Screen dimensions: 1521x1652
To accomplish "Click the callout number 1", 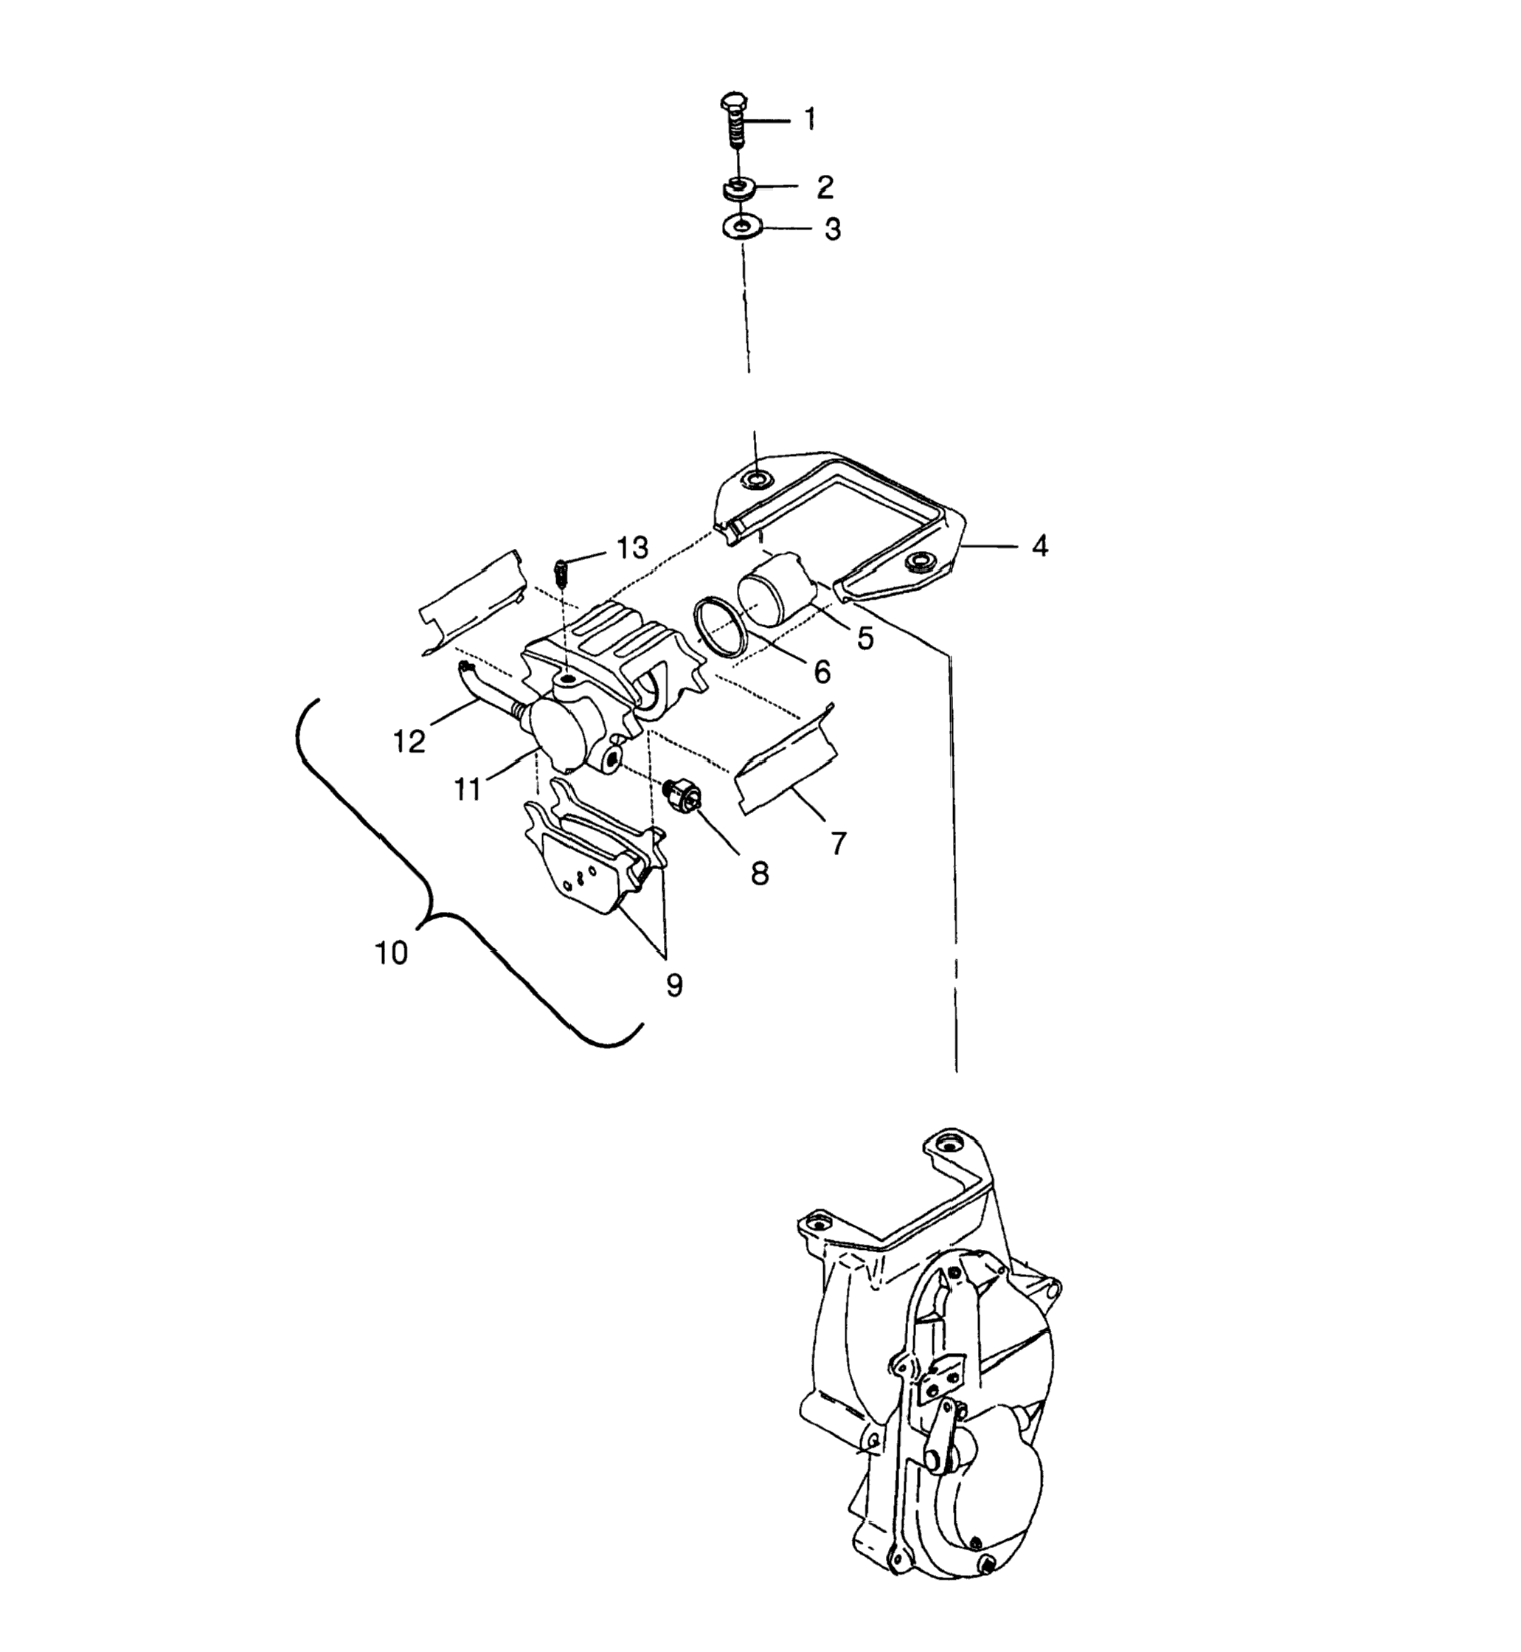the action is point(810,120).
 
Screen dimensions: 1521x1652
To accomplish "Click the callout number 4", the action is point(1039,546).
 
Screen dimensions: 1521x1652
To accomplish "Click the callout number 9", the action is point(674,985).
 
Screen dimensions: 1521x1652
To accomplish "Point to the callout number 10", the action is point(392,953).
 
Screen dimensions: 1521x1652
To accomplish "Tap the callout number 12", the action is point(409,741).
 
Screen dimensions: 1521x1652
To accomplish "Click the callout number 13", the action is point(632,547).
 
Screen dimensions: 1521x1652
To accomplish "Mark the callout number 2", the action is point(825,187).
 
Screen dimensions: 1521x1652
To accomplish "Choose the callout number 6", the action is point(822,671).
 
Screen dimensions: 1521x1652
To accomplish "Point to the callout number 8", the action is point(759,874).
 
